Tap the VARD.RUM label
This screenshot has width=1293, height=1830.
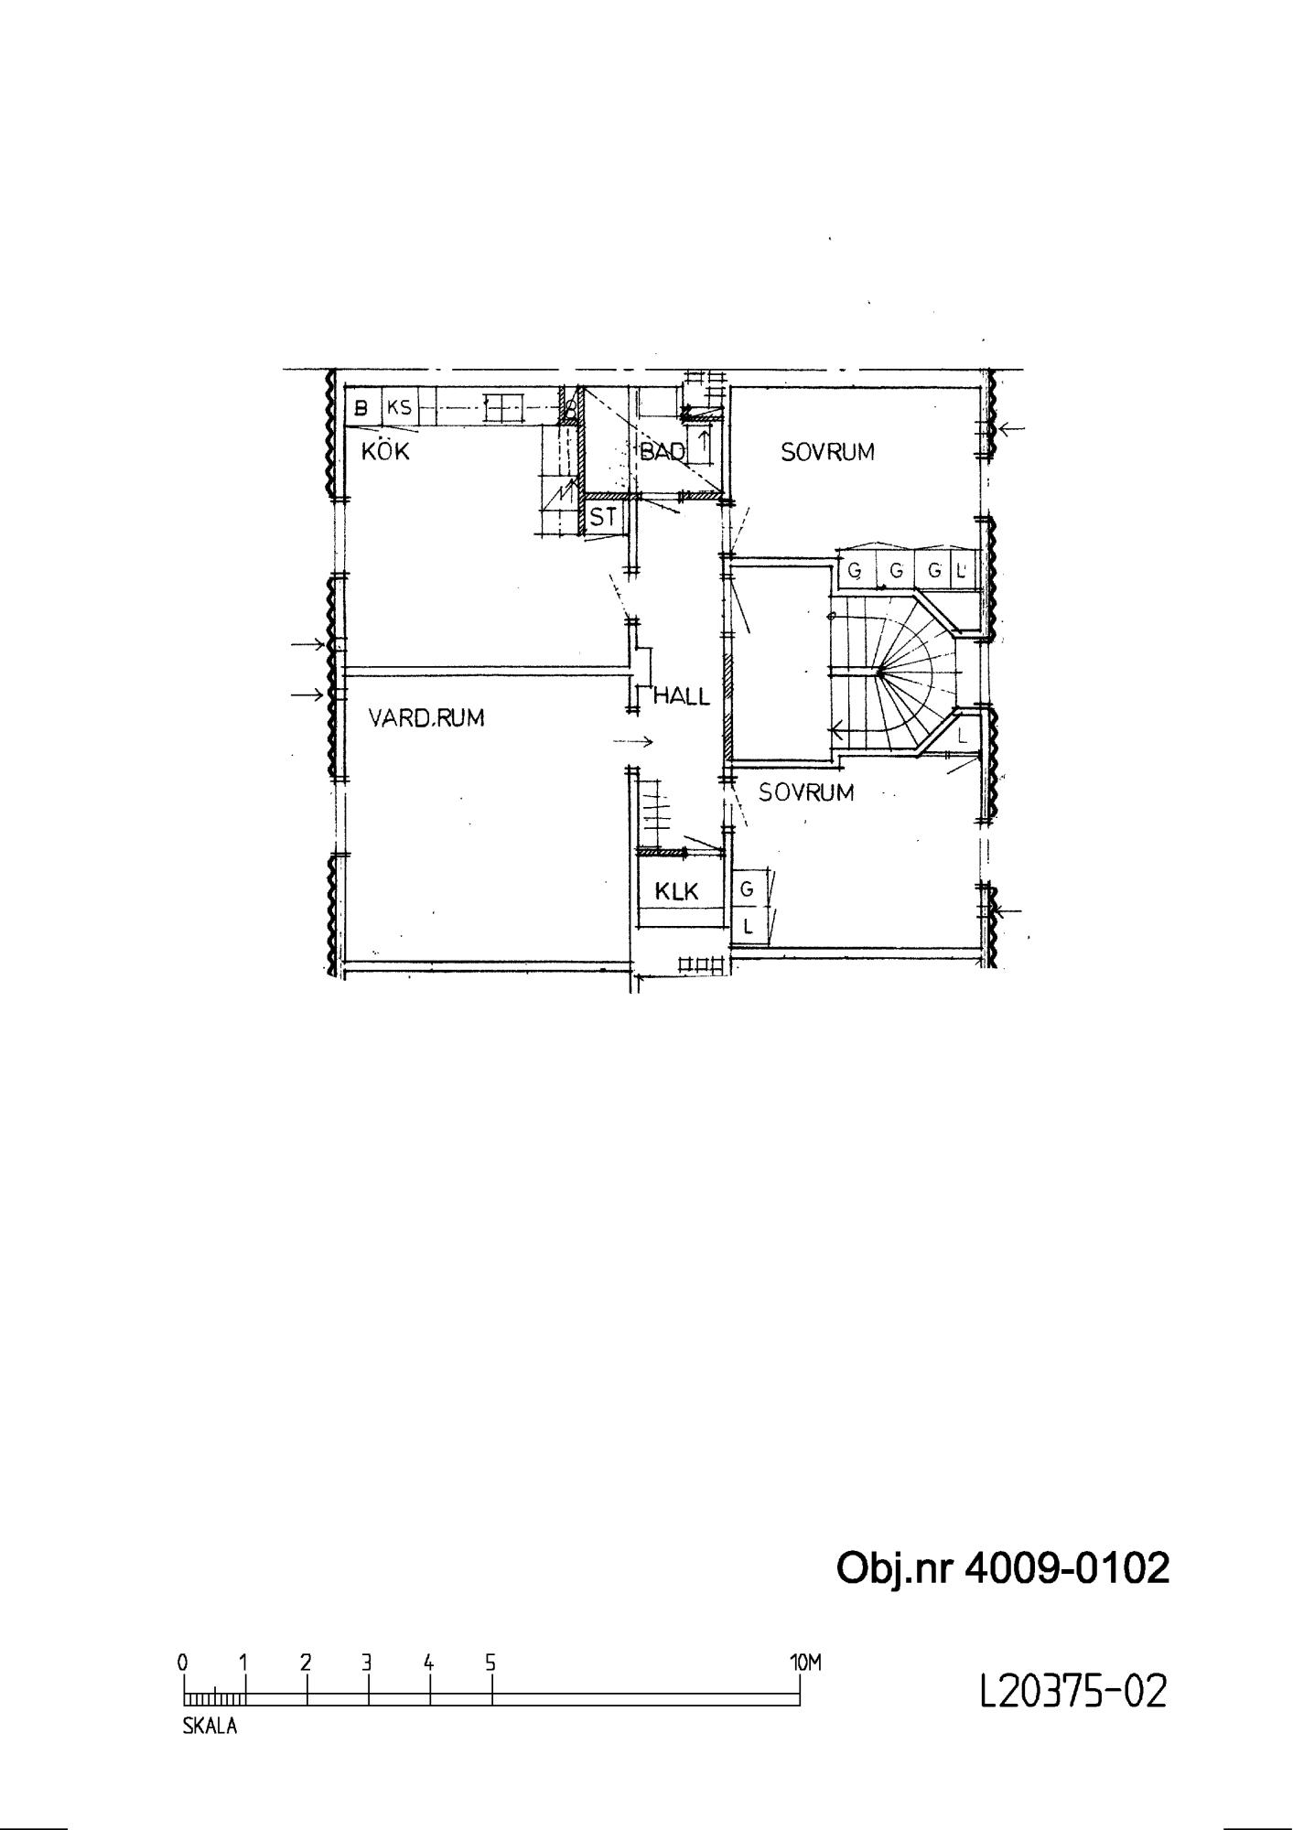click(x=426, y=717)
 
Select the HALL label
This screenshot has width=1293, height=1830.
click(x=681, y=696)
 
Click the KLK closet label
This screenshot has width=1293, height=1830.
click(x=677, y=891)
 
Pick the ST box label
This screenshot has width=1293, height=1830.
click(x=603, y=518)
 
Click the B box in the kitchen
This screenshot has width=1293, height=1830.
click(x=362, y=408)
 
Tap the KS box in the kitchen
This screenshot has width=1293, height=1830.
click(x=399, y=408)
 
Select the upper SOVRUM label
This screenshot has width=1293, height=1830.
click(x=827, y=451)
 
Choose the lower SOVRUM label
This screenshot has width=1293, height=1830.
click(x=806, y=792)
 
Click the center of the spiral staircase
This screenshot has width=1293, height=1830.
click(x=879, y=673)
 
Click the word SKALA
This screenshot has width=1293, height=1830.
click(x=210, y=1728)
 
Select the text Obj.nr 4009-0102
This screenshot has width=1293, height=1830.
click(x=1003, y=1568)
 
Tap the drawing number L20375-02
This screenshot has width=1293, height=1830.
click(x=1073, y=1691)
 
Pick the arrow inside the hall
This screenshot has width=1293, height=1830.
click(x=632, y=741)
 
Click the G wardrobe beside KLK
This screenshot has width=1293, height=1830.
click(x=748, y=888)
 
